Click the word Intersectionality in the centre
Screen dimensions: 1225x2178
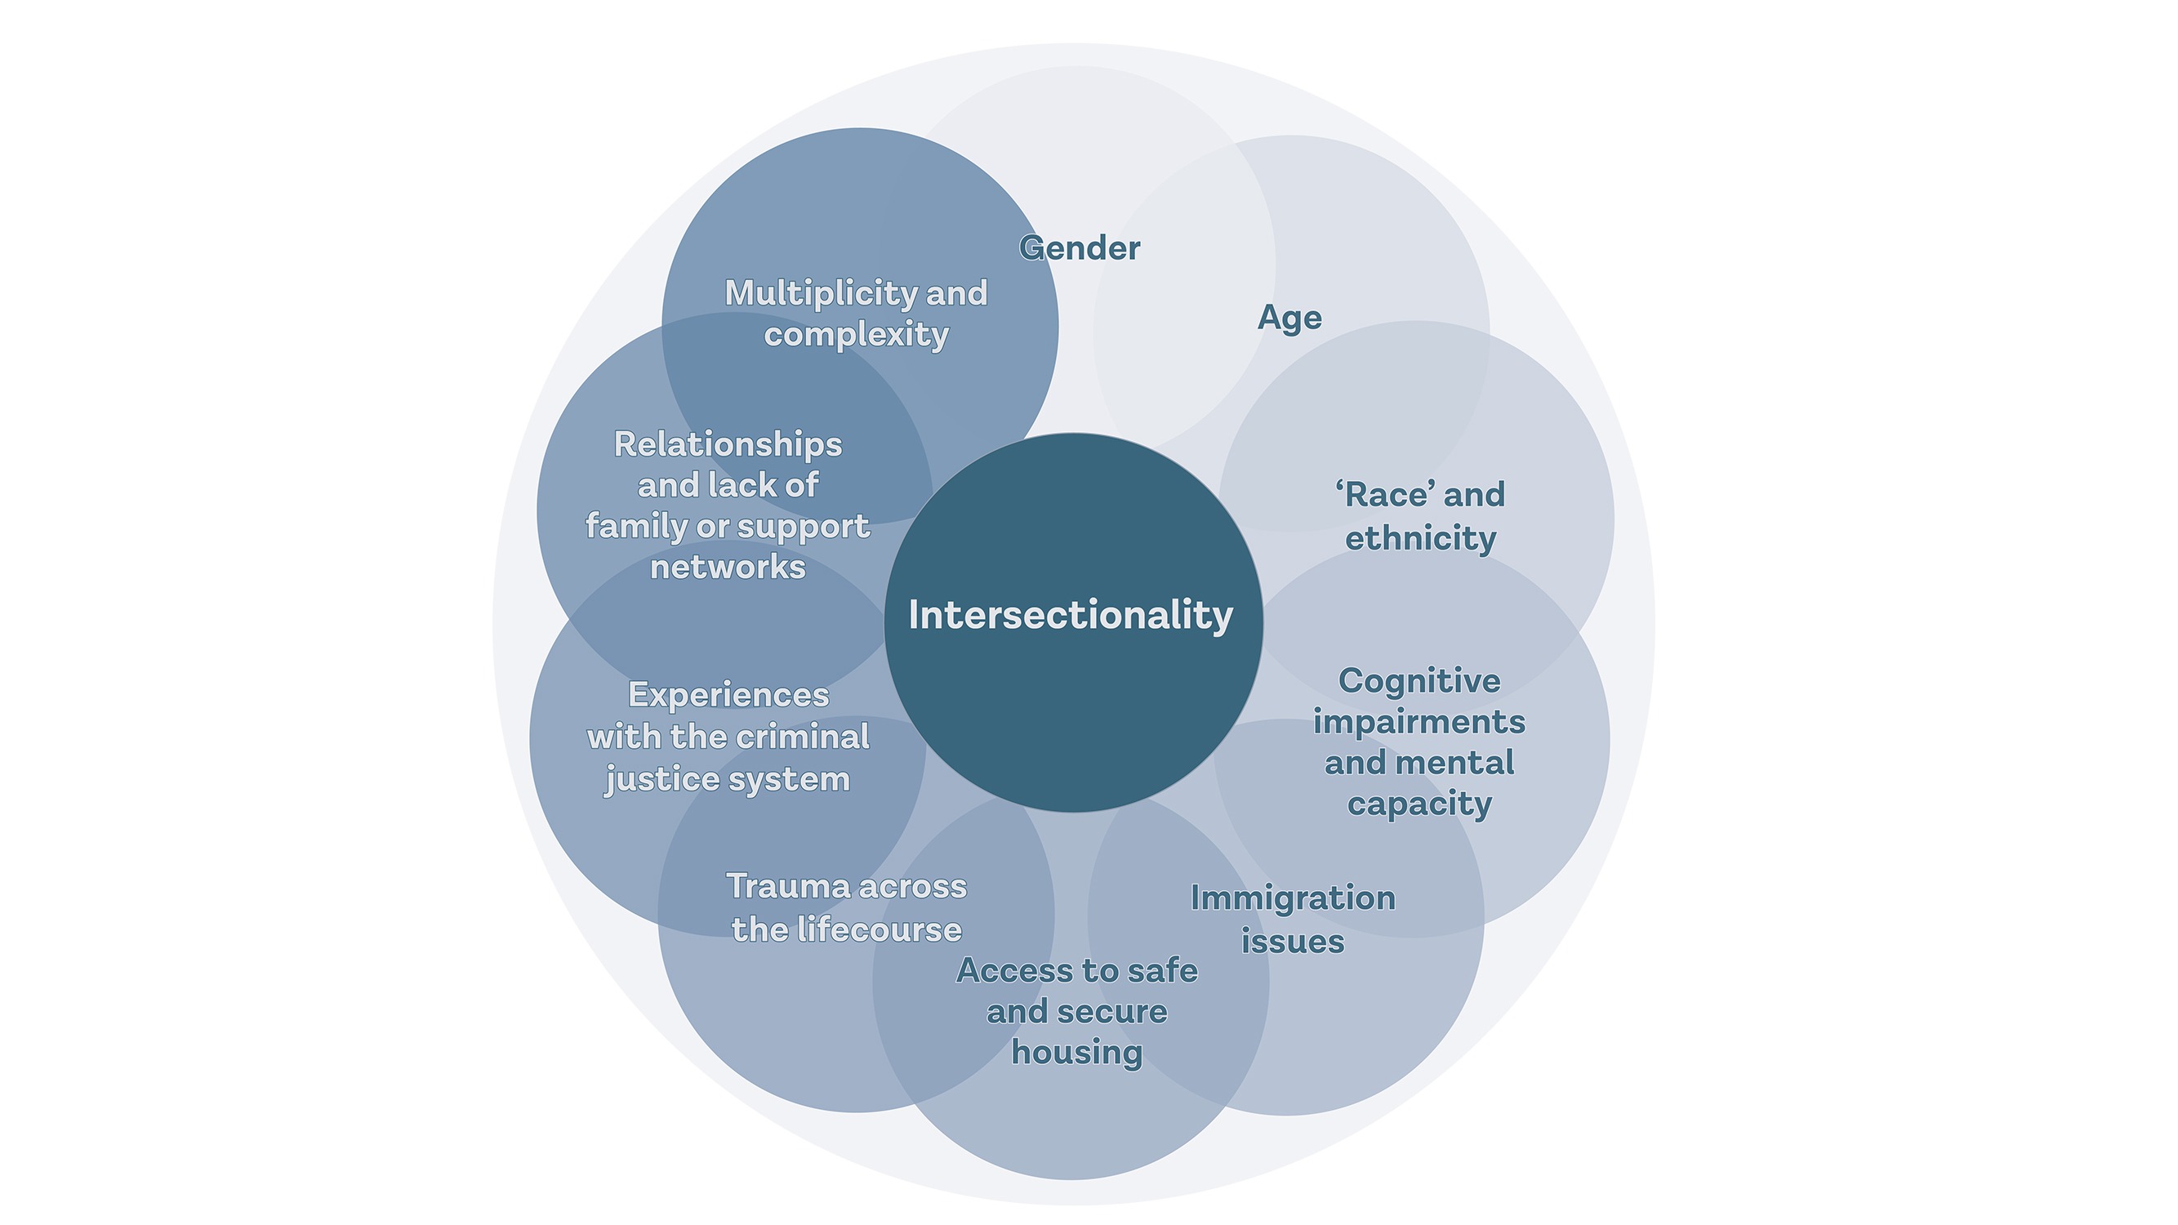click(x=1071, y=615)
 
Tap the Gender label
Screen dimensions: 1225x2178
click(x=1080, y=247)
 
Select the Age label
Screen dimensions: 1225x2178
click(x=1289, y=318)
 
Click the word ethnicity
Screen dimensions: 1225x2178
click(x=1420, y=538)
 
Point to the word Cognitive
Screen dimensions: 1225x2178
click(x=1419, y=680)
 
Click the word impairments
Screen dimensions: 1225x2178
click(x=1419, y=722)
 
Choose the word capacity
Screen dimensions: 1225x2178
click(x=1419, y=804)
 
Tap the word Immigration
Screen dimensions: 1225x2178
click(x=1293, y=898)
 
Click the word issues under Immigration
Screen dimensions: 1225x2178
click(x=1293, y=941)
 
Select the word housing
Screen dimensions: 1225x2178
click(x=1077, y=1053)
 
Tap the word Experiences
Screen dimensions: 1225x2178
click(x=728, y=695)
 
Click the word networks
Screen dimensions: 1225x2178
click(x=728, y=568)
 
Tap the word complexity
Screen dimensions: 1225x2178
click(x=857, y=335)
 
